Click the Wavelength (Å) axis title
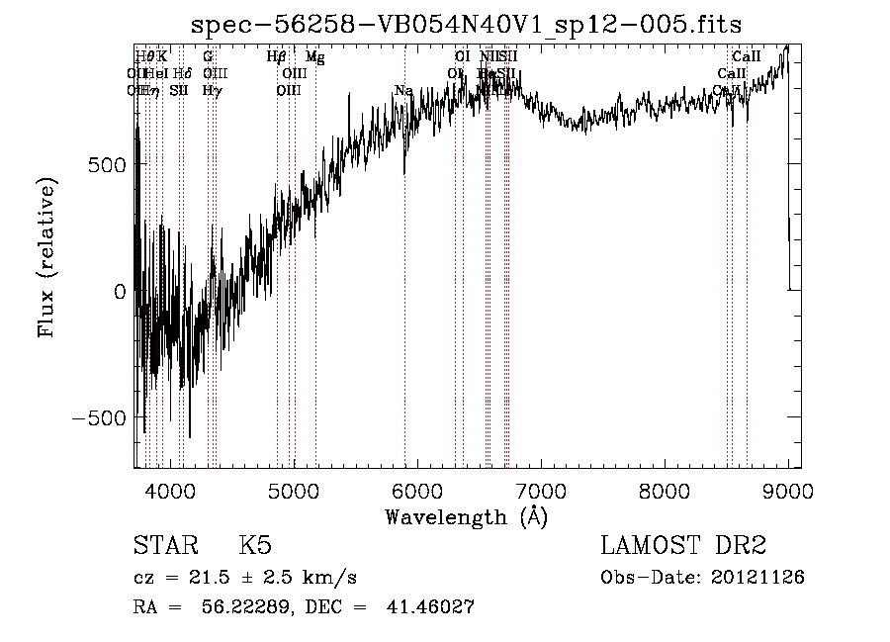point(466,516)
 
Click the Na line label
point(402,91)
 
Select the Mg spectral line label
point(314,57)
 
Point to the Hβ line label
point(277,57)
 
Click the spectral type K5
point(255,546)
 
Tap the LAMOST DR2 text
point(683,546)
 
